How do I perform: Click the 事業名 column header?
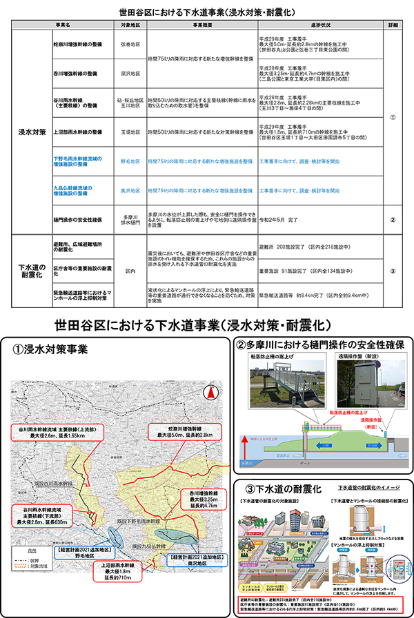68,25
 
